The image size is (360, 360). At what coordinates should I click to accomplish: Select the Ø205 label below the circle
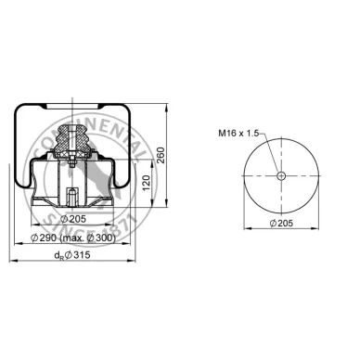pos(286,223)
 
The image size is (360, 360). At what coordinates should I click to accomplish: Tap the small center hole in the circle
pos(283,175)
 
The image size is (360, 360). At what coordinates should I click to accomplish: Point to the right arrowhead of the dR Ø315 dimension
pos(137,262)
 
